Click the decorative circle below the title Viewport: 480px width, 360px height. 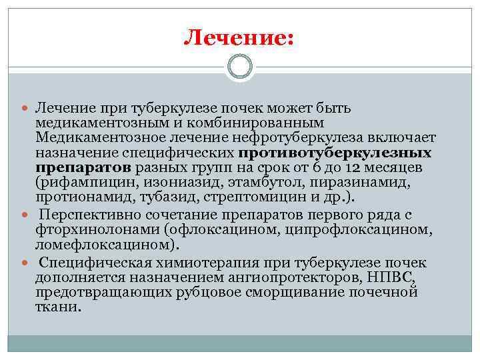tap(240, 67)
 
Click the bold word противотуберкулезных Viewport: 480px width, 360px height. tap(335, 152)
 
